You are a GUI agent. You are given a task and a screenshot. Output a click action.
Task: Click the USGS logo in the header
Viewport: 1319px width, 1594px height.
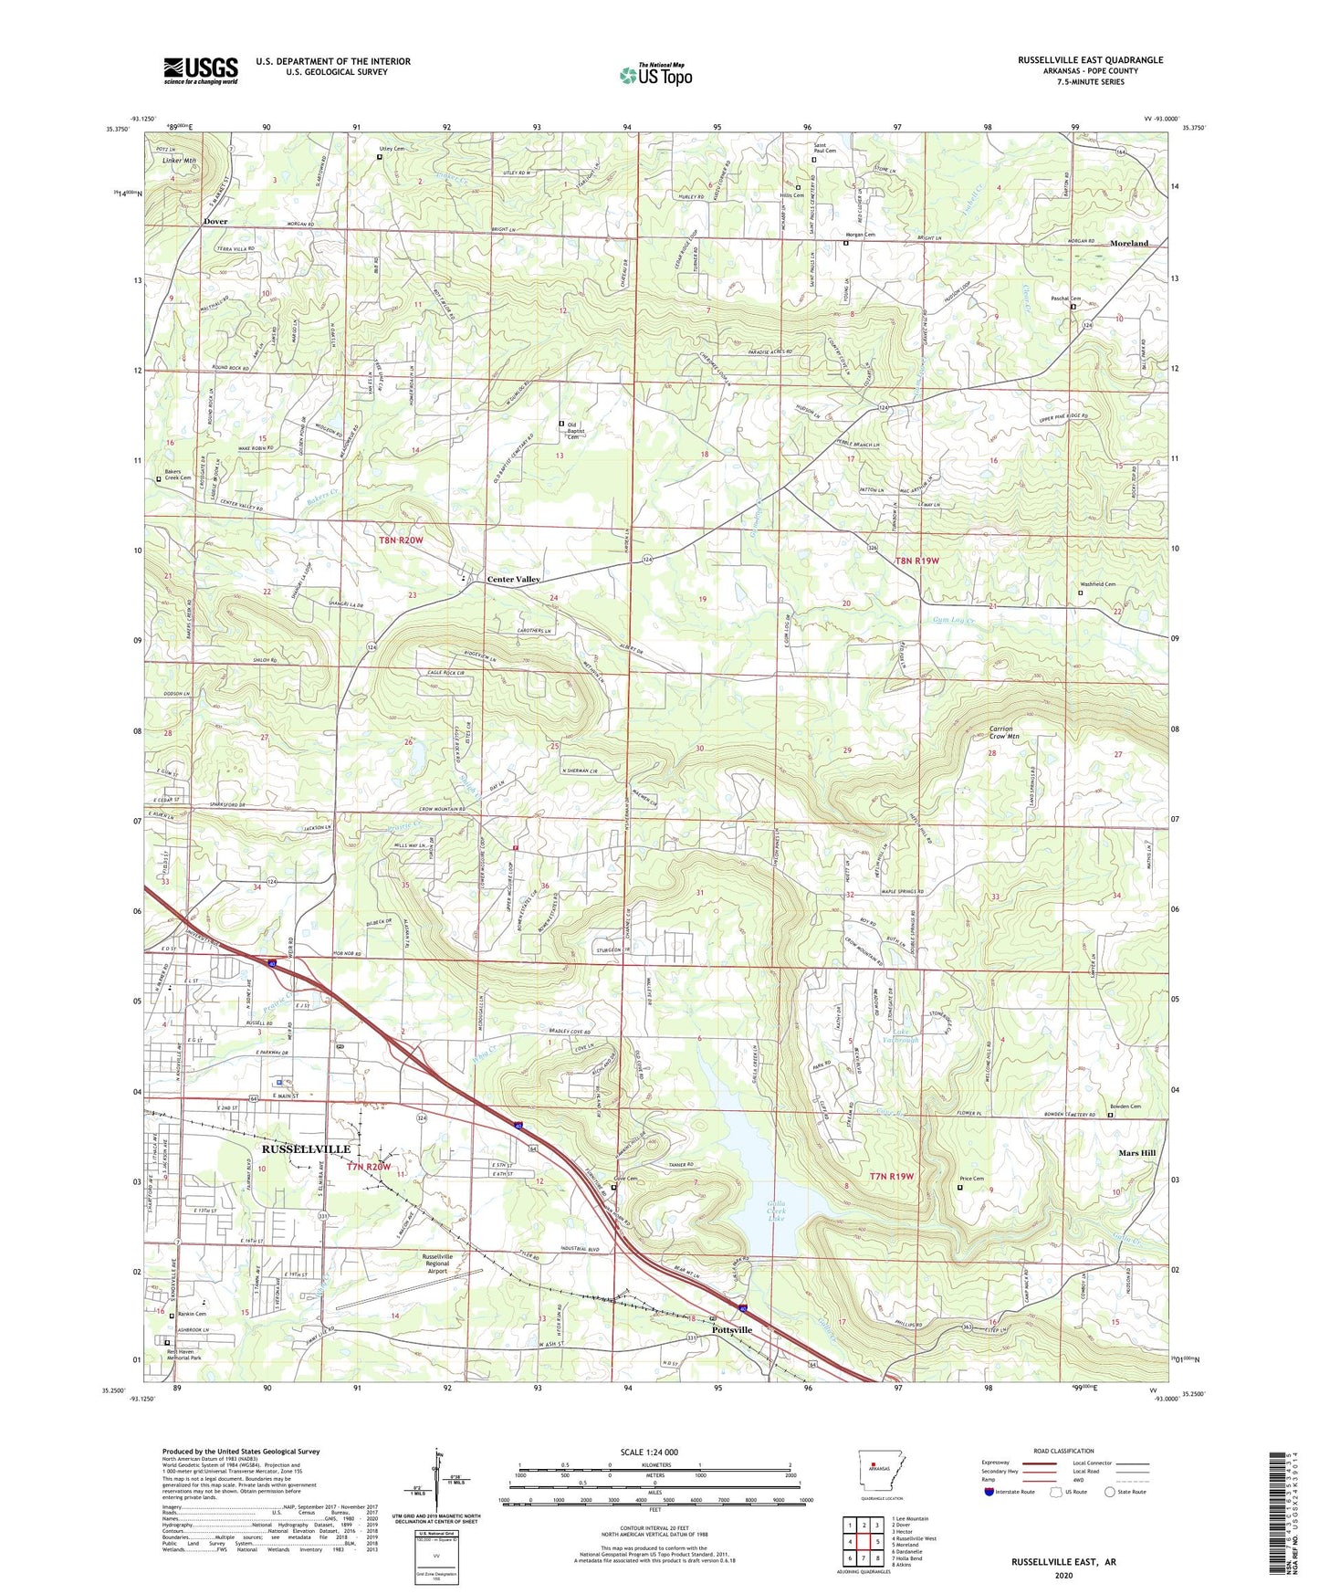pos(201,69)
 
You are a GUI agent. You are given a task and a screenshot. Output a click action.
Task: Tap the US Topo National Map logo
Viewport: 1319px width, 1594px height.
pos(654,74)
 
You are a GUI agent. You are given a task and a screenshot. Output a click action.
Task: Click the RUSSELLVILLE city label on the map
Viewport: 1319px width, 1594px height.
pos(306,1148)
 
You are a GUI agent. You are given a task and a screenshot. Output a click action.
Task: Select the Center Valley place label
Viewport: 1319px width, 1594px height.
pos(513,580)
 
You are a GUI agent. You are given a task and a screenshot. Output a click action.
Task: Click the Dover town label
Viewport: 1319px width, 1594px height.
pos(215,222)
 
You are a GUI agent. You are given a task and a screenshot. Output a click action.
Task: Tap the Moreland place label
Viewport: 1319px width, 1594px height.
pos(1129,244)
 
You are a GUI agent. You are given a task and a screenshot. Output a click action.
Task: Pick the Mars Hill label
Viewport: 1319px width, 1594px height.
pos(1137,1153)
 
